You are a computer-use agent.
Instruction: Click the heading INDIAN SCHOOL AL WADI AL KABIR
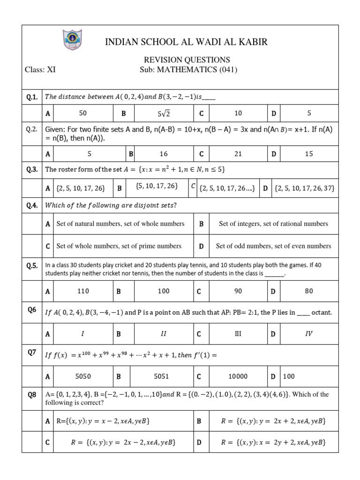coord(187,42)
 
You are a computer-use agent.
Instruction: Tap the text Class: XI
coord(40,70)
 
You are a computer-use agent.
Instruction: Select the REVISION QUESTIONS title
coord(187,60)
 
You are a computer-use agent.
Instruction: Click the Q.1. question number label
coord(32,97)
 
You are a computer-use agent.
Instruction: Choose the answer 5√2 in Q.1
coord(164,113)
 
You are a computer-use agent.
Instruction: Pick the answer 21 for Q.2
coord(238,153)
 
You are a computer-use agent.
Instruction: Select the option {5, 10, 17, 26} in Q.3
coord(157,186)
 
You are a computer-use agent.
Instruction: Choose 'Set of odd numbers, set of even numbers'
coord(273,246)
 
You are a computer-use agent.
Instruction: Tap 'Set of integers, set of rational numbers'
coord(273,224)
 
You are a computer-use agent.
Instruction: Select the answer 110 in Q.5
coord(83,291)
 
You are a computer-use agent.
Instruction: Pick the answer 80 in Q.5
coord(308,291)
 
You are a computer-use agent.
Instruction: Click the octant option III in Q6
coord(238,334)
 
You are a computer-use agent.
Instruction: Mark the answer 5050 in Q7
coord(83,376)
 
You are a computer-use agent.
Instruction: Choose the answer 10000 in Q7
coord(238,376)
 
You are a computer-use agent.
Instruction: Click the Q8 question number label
coord(32,395)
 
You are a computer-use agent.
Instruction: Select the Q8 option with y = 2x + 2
coord(273,421)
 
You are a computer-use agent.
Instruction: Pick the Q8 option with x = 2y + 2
coord(273,442)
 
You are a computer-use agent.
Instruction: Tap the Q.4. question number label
coord(32,205)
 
